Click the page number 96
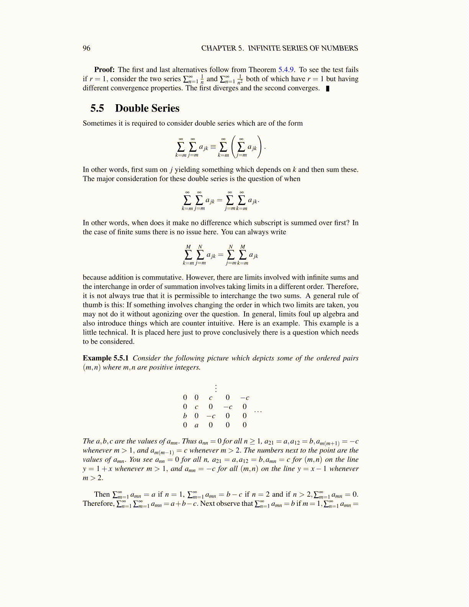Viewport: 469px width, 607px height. point(87,48)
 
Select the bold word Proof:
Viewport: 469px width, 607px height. point(104,69)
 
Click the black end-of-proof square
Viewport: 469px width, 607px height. point(327,89)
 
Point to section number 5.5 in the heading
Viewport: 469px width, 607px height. point(97,108)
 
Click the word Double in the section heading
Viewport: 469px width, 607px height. point(131,108)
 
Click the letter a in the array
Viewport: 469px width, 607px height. point(197,425)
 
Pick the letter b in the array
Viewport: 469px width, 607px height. point(185,415)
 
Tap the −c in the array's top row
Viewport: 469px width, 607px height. point(244,397)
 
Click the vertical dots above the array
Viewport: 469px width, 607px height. point(216,388)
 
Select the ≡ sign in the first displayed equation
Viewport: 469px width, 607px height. point(213,147)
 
